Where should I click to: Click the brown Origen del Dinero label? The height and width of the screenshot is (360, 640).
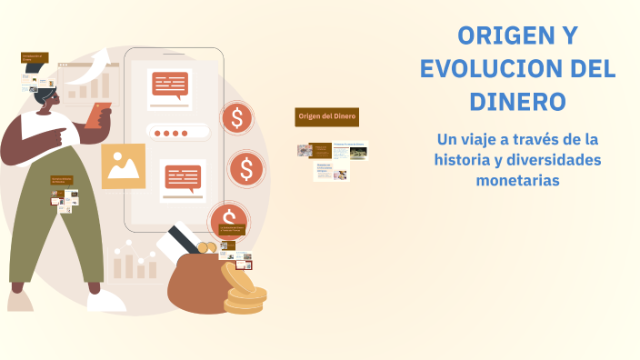click(326, 116)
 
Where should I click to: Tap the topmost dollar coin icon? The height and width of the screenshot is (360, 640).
click(237, 118)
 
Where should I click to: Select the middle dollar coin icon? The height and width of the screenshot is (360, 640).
click(244, 168)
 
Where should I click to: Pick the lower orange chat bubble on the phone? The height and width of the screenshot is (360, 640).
click(183, 177)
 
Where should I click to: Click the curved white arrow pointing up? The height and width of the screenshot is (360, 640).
click(98, 65)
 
